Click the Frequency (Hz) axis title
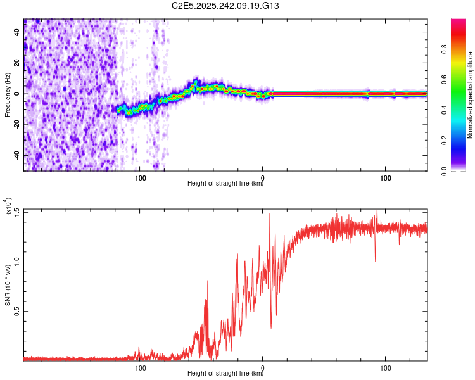click(8, 95)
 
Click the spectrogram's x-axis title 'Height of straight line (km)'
click(225, 184)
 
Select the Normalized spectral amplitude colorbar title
click(470, 95)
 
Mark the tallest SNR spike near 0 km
click(270, 214)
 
